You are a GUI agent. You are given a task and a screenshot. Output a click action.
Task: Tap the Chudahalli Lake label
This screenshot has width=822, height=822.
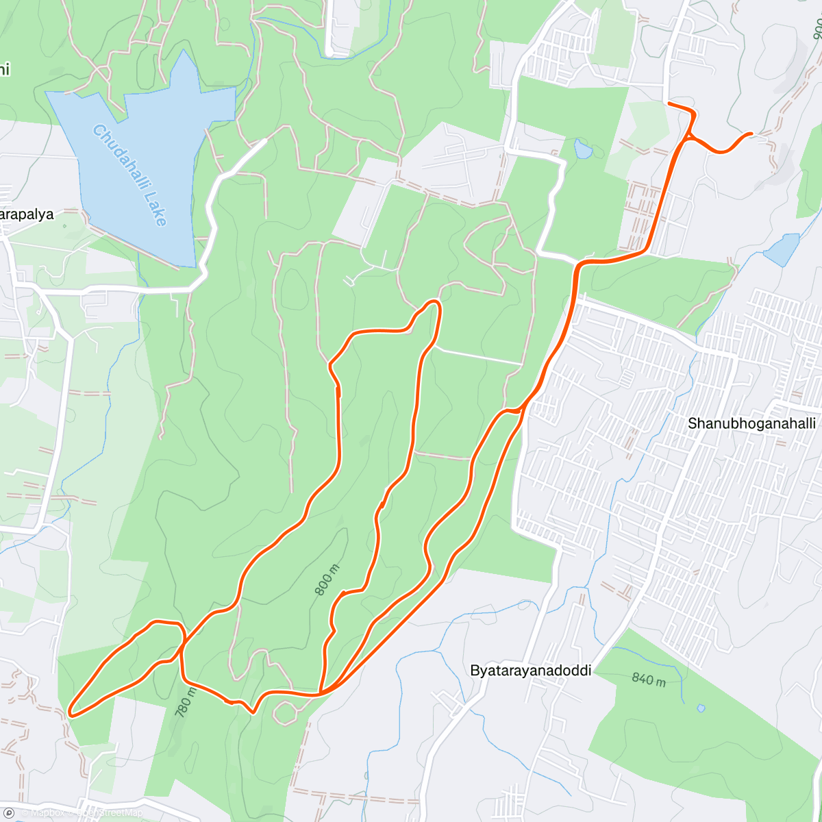coord(129,175)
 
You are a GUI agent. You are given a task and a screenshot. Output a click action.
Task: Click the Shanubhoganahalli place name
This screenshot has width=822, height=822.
coord(751,423)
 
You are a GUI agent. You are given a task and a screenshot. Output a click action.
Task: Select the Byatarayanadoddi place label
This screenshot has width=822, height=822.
coord(530,671)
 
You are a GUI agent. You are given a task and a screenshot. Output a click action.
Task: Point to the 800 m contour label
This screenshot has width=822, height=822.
coord(327,580)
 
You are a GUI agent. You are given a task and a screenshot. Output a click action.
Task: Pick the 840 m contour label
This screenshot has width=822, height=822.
coord(648,680)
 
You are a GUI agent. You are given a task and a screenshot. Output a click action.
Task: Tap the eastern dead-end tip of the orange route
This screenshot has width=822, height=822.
coord(752,134)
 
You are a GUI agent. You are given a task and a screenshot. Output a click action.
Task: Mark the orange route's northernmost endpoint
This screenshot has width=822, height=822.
coord(669,103)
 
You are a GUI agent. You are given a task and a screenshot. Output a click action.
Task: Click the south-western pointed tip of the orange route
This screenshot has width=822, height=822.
coord(71,713)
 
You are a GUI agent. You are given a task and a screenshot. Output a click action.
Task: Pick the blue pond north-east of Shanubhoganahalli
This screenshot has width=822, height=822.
coord(782,249)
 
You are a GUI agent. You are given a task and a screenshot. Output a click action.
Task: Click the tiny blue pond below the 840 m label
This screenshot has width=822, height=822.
coord(700,708)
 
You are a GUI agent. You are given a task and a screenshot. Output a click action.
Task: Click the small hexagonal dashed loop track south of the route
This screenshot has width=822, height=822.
coord(286,712)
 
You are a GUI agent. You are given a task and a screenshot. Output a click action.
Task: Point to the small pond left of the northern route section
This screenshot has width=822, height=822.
coord(583,148)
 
